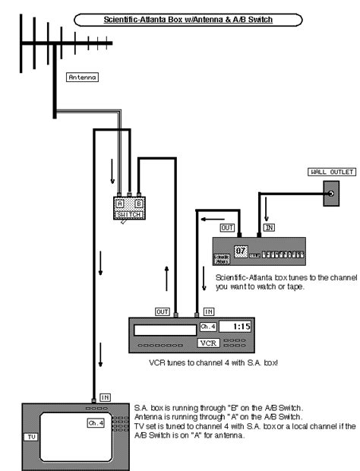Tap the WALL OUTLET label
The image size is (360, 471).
pos(332,172)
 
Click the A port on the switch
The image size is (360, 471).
pos(119,204)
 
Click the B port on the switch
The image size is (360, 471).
pos(139,204)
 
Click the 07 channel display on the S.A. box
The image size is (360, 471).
pos(242,250)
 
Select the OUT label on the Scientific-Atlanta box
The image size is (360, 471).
pos(227,227)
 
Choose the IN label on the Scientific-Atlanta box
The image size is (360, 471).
pos(268,227)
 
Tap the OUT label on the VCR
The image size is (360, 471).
pos(162,311)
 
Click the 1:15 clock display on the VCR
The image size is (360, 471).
pos(242,327)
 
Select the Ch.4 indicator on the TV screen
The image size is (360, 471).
pos(95,422)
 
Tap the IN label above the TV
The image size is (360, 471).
pos(105,397)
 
